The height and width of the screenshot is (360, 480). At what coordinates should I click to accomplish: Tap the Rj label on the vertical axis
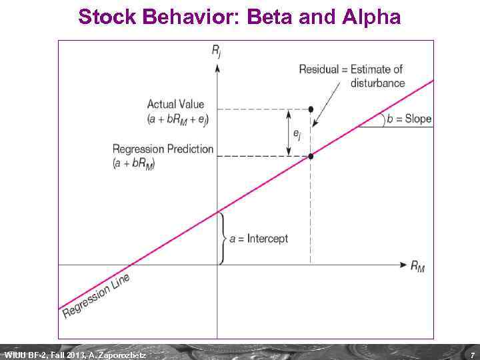[x=217, y=51]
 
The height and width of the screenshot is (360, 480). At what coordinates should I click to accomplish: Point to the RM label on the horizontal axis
[x=417, y=267]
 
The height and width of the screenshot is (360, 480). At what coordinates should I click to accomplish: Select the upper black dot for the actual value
[x=311, y=109]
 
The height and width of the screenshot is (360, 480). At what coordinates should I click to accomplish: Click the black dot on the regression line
[x=311, y=156]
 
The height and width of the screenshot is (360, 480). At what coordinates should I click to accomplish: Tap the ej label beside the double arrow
[x=297, y=133]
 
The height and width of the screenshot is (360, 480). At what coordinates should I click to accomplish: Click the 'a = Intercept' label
[x=259, y=238]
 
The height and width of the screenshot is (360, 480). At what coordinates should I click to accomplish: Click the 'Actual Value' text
[x=175, y=104]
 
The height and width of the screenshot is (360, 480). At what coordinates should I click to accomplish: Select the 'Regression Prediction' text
[x=163, y=149]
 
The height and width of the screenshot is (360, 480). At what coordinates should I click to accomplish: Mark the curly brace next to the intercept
[x=223, y=238]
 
